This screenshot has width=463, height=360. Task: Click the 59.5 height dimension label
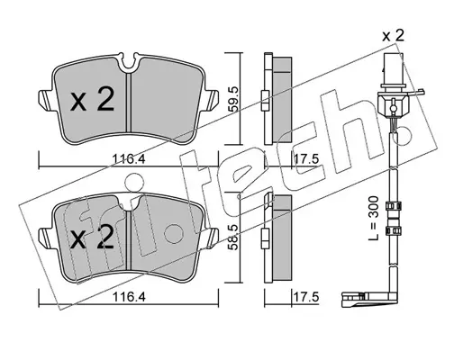click(x=234, y=99)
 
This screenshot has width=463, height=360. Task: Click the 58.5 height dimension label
click(x=234, y=237)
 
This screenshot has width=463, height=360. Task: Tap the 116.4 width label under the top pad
click(x=129, y=158)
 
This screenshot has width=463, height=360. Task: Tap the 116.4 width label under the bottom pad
click(x=129, y=297)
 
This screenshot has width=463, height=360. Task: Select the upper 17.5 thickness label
click(x=305, y=158)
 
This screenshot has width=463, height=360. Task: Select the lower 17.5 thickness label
click(x=305, y=297)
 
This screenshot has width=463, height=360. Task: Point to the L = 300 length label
click(x=374, y=218)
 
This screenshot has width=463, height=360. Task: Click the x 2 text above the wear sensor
click(x=393, y=36)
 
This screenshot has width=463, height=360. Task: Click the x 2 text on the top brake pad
click(x=92, y=101)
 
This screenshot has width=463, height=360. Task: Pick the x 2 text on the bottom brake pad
click(x=92, y=238)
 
